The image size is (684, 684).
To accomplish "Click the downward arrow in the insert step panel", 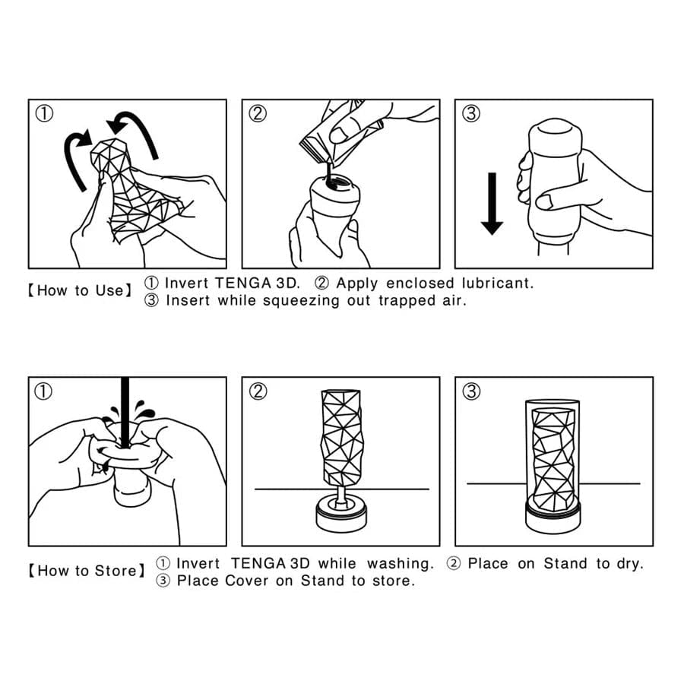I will pos(492,203).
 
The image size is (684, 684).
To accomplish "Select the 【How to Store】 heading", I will pos(86,571).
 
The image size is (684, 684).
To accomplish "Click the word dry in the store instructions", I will pos(630,564).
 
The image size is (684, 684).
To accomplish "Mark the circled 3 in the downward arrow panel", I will pos(471,114).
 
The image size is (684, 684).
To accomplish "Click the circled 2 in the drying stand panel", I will pos(258,391).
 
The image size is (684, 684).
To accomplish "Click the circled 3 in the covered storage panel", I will pos(471,391).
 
